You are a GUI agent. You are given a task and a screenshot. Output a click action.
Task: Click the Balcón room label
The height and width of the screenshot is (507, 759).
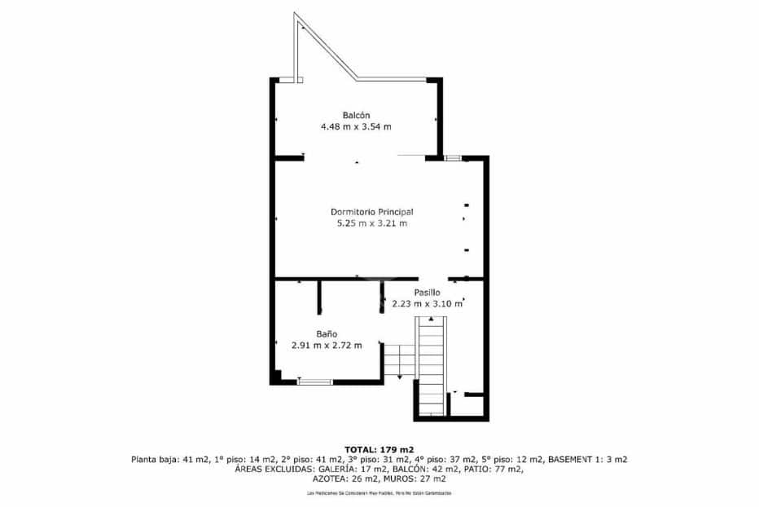[356, 115]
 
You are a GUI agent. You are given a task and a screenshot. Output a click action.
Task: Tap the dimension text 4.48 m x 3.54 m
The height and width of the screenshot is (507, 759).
[356, 126]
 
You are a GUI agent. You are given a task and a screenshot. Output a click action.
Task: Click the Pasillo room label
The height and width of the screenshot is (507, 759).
[427, 292]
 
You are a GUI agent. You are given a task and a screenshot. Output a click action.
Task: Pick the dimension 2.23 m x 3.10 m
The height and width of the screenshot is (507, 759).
[427, 303]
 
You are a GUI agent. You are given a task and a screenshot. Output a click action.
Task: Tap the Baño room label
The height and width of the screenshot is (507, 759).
[327, 333]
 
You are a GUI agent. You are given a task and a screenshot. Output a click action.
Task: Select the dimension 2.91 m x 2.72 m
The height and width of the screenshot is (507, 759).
[327, 345]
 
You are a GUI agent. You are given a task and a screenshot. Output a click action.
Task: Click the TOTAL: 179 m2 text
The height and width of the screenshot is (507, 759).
[379, 449]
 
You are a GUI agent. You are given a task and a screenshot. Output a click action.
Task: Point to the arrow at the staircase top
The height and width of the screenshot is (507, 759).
[431, 319]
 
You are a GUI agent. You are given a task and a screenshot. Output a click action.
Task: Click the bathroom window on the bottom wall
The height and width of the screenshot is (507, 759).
[314, 381]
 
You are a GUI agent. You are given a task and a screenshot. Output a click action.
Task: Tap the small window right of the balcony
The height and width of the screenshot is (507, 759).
[453, 157]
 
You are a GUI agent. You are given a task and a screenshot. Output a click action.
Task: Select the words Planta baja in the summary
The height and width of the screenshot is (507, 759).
[152, 460]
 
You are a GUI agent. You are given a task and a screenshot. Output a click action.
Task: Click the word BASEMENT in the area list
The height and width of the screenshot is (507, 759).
[577, 460]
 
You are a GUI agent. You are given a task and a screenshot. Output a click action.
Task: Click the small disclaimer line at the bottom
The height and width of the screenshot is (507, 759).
[379, 493]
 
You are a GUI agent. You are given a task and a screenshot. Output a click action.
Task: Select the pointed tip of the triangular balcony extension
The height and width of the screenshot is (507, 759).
[296, 15]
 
